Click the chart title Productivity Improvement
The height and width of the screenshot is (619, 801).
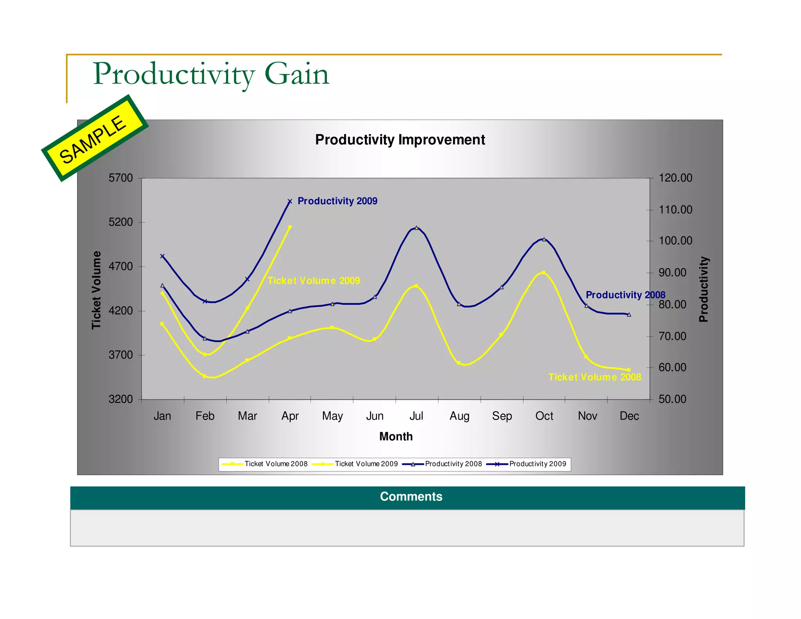pos(400,140)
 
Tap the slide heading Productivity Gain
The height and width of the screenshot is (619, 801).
pos(211,74)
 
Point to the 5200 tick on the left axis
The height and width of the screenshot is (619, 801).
pos(120,222)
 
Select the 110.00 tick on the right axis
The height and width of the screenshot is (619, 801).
pos(675,210)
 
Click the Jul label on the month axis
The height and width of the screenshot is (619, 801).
pos(416,416)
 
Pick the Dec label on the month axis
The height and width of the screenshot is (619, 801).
pos(629,416)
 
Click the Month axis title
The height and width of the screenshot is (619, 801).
pos(396,437)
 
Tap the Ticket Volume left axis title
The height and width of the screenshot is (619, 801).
pos(96,290)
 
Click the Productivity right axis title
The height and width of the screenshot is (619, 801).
pos(704,289)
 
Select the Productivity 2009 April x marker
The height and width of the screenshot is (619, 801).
pos(290,202)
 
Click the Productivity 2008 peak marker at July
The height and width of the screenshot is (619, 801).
pos(417,228)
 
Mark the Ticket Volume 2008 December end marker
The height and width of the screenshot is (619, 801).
pos(629,370)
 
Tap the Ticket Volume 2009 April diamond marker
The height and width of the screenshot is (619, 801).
pos(290,227)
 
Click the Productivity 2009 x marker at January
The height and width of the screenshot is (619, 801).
pos(162,256)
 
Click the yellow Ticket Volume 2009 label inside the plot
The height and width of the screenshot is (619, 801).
pos(314,281)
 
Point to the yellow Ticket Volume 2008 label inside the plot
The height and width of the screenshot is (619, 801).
pos(594,377)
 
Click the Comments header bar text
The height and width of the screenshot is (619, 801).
pos(411,497)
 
